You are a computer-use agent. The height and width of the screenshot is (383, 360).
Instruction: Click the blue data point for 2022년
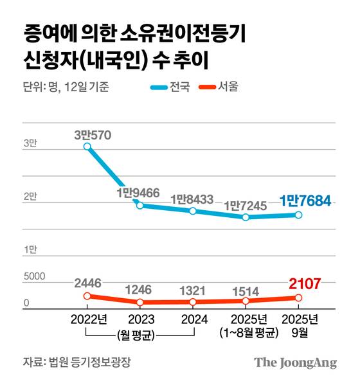point(87,147)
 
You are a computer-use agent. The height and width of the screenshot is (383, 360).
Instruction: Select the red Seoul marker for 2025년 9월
point(298,298)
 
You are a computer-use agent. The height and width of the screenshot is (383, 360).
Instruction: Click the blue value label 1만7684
point(305,201)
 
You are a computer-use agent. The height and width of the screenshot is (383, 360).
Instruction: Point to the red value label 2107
point(304,283)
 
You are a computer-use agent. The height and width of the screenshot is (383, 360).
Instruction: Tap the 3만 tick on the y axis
point(30,145)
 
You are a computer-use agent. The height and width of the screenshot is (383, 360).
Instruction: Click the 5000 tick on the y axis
point(34,277)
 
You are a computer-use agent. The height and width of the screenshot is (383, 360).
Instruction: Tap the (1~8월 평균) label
point(248,332)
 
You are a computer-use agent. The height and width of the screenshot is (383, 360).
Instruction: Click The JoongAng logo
point(295,362)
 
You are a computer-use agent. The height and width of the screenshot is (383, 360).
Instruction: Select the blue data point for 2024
point(193,211)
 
